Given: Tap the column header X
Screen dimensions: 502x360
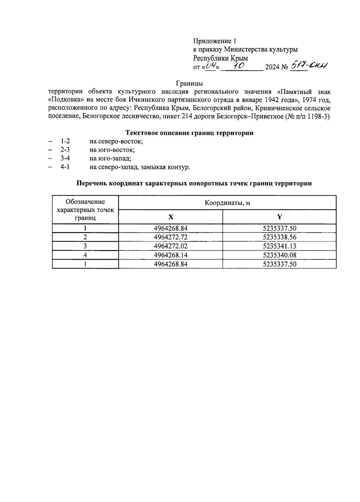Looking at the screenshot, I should click(170, 217).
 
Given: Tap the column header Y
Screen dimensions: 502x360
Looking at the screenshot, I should click(279, 217).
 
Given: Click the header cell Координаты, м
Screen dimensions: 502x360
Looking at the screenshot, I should click(227, 203).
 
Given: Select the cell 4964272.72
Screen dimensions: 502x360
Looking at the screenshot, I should click(170, 237).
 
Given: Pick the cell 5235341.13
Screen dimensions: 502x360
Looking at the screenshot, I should click(279, 246).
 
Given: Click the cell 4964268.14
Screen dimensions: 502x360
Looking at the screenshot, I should click(170, 255).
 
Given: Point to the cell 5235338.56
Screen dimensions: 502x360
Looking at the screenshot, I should click(279, 237).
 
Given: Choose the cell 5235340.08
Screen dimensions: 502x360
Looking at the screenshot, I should click(279, 255).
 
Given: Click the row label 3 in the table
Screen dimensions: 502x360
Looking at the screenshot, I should click(85, 246).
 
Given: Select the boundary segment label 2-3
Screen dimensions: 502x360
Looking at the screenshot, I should click(65, 150).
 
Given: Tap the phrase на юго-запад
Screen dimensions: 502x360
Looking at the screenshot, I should click(110, 158).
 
